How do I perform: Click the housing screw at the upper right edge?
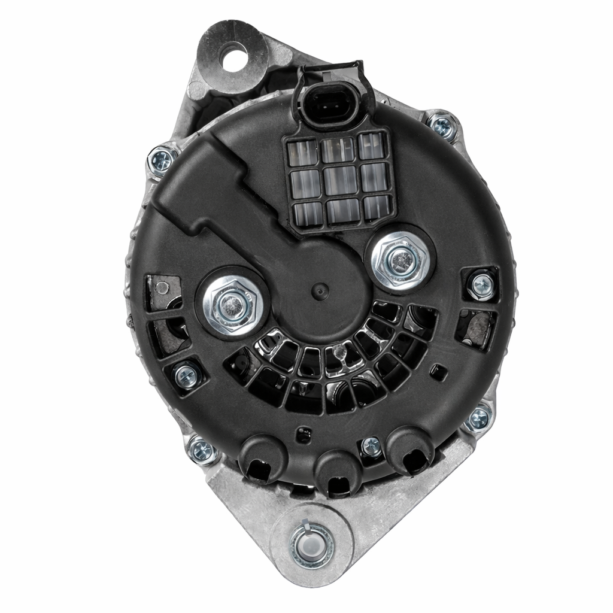click(442, 126)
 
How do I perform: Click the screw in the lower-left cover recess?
click(186, 377)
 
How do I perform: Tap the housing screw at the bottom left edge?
click(202, 450)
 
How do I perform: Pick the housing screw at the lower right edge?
click(478, 418)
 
